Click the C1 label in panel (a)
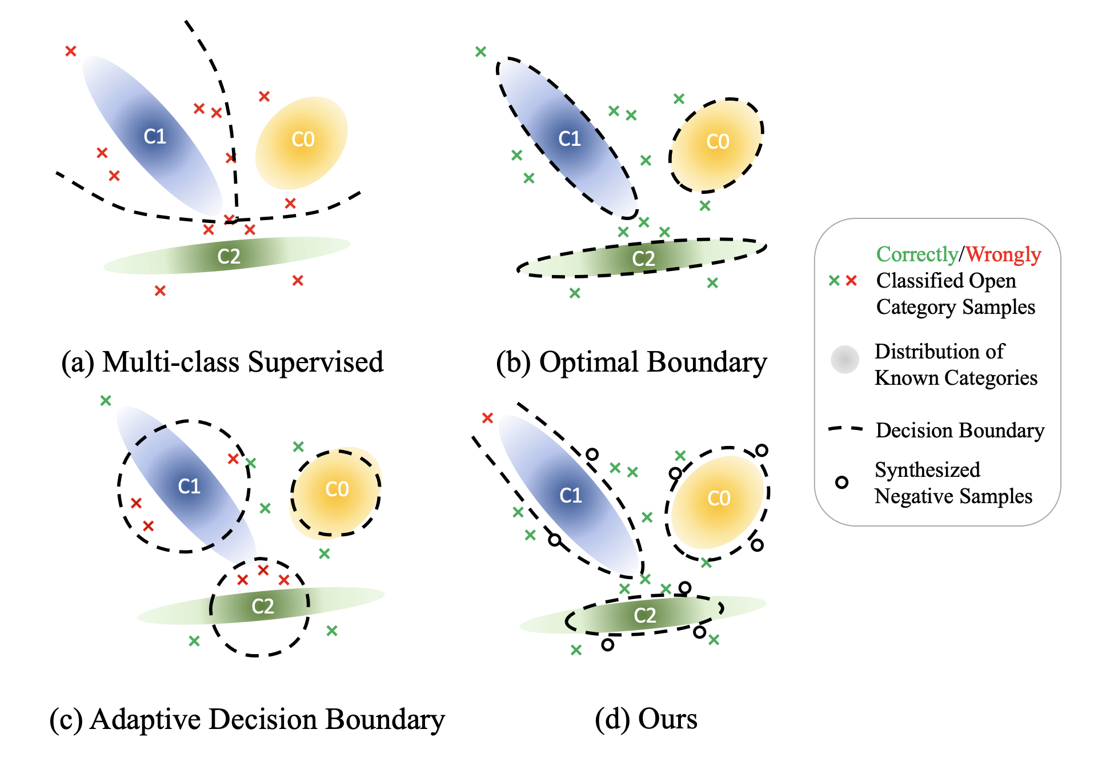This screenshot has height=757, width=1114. tap(155, 137)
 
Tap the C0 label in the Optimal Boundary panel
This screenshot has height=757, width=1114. tap(718, 142)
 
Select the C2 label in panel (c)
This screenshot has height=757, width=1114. tap(263, 607)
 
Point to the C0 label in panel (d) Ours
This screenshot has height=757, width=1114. tap(719, 499)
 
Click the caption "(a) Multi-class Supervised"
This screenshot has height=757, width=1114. tap(222, 362)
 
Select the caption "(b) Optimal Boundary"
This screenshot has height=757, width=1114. tap(631, 362)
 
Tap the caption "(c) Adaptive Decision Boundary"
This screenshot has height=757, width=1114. tap(247, 719)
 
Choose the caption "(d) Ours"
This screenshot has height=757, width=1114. tap(646, 719)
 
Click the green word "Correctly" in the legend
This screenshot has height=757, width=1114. tap(917, 254)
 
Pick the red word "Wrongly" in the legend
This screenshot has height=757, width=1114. tap(1004, 254)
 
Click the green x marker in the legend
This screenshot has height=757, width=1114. tap(834, 280)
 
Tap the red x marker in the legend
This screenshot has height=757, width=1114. tap(851, 280)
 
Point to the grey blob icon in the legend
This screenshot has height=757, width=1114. tap(845, 360)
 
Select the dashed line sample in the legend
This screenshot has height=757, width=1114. tap(845, 429)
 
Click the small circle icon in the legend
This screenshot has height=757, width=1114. tap(841, 483)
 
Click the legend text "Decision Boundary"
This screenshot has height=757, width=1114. tap(960, 431)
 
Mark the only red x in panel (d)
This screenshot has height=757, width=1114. tap(487, 418)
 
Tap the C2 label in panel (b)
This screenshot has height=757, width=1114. tap(643, 259)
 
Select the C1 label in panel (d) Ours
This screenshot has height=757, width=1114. tap(570, 495)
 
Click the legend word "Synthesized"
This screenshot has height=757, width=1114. tap(927, 470)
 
